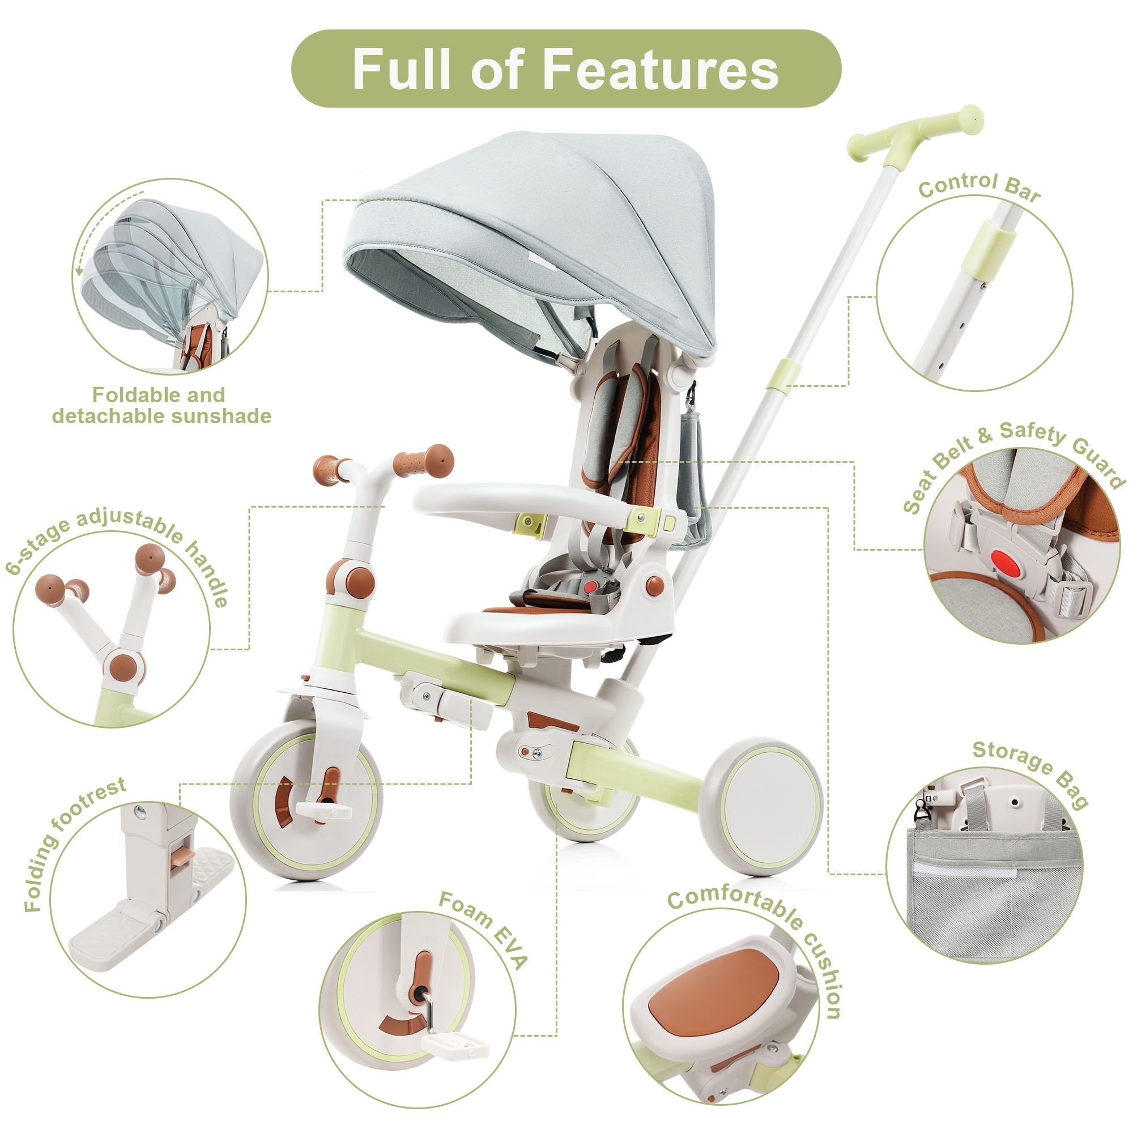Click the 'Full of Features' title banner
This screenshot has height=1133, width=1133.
click(x=566, y=69)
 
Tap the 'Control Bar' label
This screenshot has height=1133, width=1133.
click(x=979, y=186)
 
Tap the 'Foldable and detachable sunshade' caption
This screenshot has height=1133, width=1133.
click(x=161, y=405)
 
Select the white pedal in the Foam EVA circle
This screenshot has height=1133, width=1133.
click(x=454, y=1045)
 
